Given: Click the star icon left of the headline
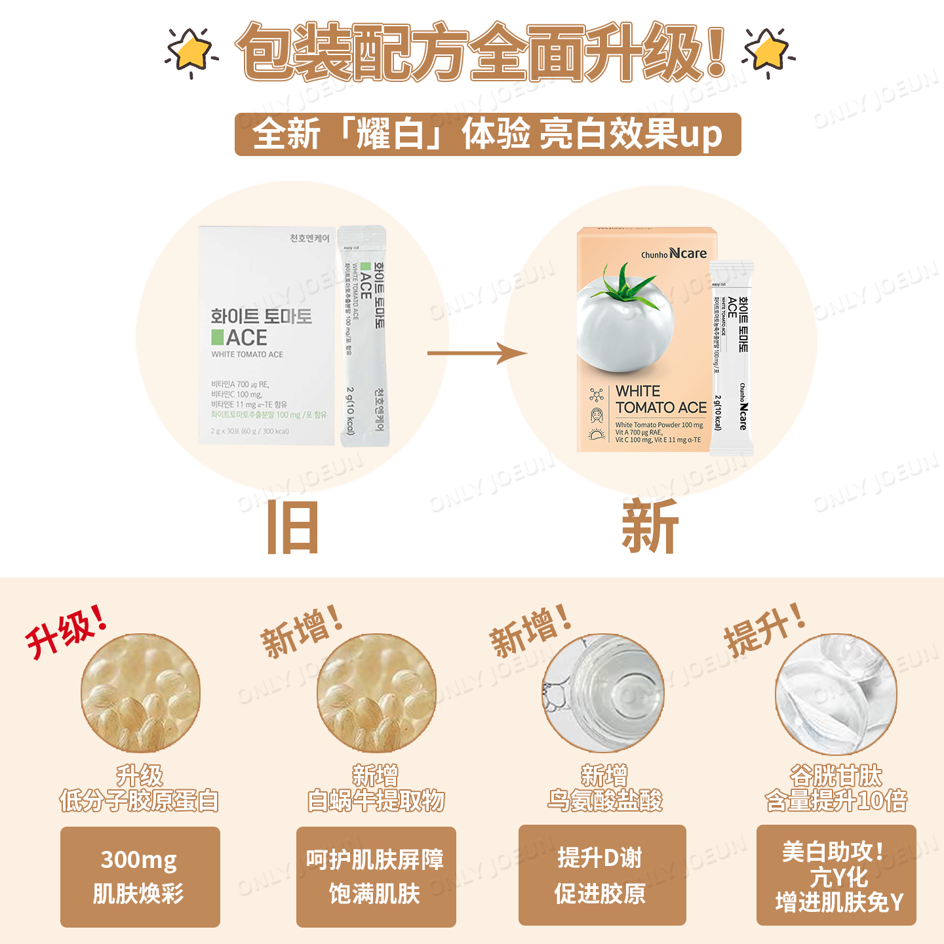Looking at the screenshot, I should pyautogui.click(x=191, y=52).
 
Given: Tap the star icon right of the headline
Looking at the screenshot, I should pyautogui.click(x=768, y=52).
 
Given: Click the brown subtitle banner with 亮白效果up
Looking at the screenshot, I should pyautogui.click(x=488, y=134).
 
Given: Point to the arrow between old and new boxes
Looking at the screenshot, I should pyautogui.click(x=477, y=353).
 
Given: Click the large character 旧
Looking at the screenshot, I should pyautogui.click(x=293, y=528).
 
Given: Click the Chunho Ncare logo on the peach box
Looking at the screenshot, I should pyautogui.click(x=674, y=254).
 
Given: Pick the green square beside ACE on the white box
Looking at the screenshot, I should pyautogui.click(x=218, y=337).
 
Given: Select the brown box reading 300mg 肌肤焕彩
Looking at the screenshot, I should pyautogui.click(x=140, y=876).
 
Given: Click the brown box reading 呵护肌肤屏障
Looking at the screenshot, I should pyautogui.click(x=376, y=876).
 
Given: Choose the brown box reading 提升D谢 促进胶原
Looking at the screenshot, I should pyautogui.click(x=602, y=875).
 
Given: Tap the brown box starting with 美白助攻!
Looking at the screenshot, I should pyautogui.click(x=836, y=875).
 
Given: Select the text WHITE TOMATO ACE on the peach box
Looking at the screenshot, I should pyautogui.click(x=661, y=399).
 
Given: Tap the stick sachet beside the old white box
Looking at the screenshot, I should pyautogui.click(x=363, y=336).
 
